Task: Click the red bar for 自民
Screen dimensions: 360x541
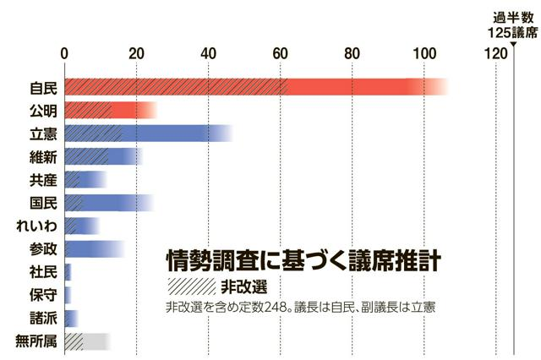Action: pyautogui.click(x=254, y=87)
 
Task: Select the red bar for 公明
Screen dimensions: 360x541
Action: pyautogui.click(x=110, y=110)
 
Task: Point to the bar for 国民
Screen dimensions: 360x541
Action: pyautogui.click(x=108, y=203)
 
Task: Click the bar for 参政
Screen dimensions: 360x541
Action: pyautogui.click(x=95, y=248)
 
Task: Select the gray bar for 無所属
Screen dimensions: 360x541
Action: pyautogui.click(x=87, y=341)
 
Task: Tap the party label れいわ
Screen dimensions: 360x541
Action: pyautogui.click(x=37, y=226)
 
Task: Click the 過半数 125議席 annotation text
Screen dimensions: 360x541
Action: pyautogui.click(x=513, y=25)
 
